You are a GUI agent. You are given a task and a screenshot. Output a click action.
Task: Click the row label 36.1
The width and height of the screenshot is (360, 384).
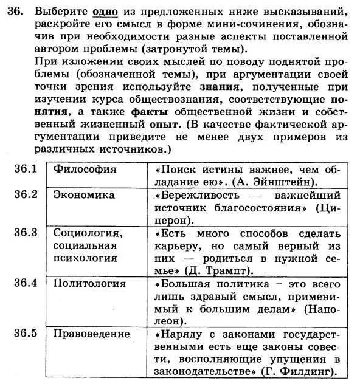26,168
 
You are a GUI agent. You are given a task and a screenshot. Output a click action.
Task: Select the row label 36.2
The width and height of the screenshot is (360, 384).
26,194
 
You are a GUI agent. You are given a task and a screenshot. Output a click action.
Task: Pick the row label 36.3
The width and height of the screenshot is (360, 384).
26,233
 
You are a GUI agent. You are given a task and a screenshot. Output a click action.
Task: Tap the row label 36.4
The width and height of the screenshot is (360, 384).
26,283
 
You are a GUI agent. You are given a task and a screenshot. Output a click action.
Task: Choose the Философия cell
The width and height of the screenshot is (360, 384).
85,169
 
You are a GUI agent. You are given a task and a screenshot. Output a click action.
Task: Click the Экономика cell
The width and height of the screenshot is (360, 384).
84,195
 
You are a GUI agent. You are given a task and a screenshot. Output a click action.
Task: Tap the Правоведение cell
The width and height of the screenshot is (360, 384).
92,334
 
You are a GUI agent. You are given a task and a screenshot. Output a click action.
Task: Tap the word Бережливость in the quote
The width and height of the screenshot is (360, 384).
198,196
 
